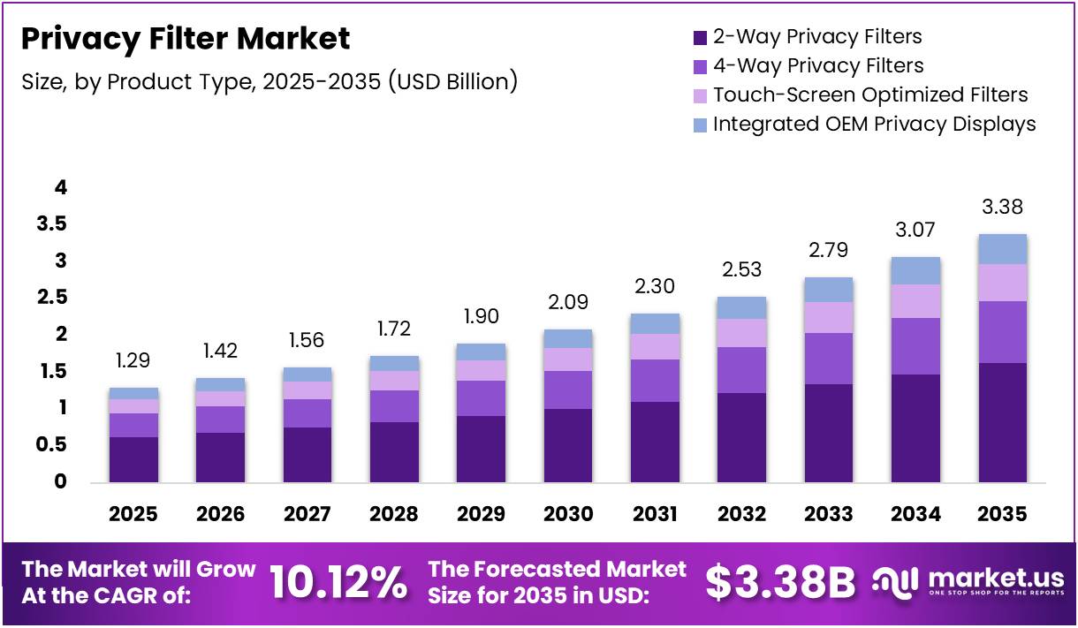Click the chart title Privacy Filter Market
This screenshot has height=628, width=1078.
tap(186, 39)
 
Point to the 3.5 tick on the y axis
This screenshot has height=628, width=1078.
tap(51, 224)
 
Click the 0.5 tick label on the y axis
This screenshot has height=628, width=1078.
tap(51, 445)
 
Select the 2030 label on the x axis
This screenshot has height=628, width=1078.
tap(568, 514)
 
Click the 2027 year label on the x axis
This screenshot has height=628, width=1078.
tap(307, 514)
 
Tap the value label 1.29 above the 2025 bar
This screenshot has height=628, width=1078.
tap(133, 360)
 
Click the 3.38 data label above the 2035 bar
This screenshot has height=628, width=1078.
tap(1002, 208)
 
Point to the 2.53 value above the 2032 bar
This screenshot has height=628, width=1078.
tap(740, 269)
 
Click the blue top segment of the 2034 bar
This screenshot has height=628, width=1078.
tap(915, 270)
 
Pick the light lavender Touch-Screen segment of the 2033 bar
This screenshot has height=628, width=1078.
tap(828, 317)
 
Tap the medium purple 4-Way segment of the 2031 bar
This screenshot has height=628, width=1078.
tap(655, 381)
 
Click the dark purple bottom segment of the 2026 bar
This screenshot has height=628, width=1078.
tap(220, 457)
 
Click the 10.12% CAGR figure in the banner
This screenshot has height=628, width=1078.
tap(338, 582)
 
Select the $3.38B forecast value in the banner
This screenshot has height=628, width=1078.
tap(780, 582)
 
